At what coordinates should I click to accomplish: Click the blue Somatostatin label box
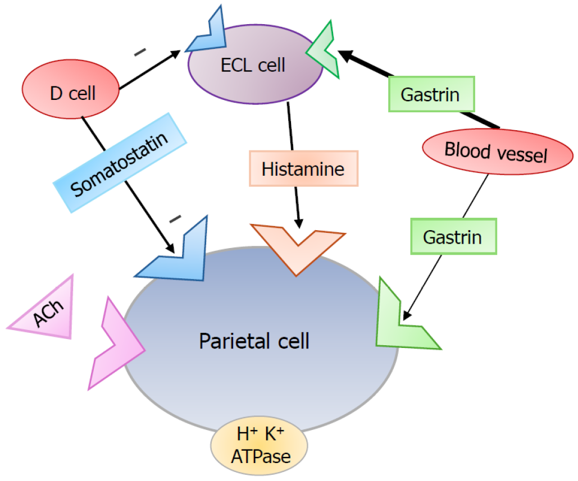tap(120, 163)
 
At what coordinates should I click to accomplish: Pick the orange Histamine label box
tap(303, 168)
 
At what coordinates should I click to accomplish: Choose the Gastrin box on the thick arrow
tap(430, 94)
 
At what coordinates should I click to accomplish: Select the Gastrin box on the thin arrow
tap(453, 237)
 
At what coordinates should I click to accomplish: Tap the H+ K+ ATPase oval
tap(258, 446)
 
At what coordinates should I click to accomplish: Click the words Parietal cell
tap(254, 340)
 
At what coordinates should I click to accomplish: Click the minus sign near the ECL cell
tap(140, 53)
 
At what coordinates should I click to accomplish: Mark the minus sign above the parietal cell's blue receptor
tap(175, 217)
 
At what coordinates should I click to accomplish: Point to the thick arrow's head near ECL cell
tap(344, 54)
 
